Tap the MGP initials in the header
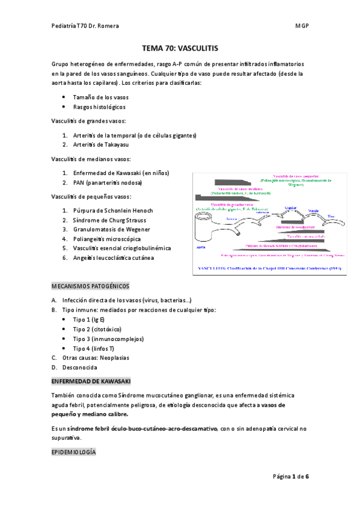301,25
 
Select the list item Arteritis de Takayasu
100,144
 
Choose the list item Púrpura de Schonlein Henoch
113,210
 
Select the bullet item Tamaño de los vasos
100,97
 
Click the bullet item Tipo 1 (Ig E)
89,319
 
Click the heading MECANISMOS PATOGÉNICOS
90,286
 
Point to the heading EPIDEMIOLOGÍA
73,452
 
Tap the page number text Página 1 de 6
291,476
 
